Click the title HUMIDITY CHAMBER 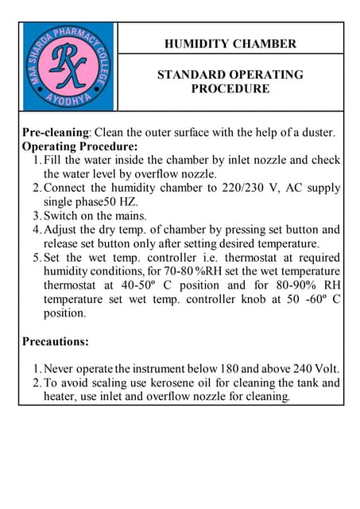pyautogui.click(x=230, y=44)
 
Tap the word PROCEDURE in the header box pyautogui.click(x=230, y=89)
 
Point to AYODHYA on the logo pyautogui.click(x=69, y=103)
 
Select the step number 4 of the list pyautogui.click(x=37, y=230)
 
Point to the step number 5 pyautogui.click(x=37, y=258)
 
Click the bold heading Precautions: pyautogui.click(x=56, y=342)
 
